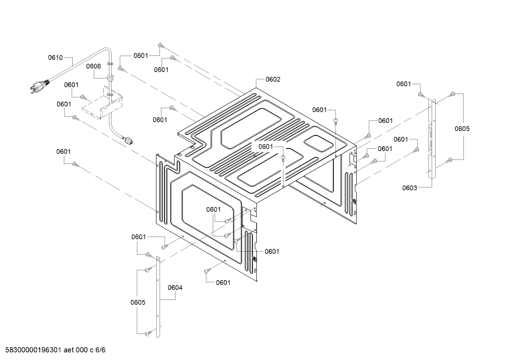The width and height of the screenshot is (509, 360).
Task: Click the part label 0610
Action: pyautogui.click(x=55, y=58)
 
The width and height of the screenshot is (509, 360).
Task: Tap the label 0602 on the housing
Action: pyautogui.click(x=273, y=79)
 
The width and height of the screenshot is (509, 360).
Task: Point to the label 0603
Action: pyautogui.click(x=409, y=188)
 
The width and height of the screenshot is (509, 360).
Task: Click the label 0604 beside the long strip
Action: pyautogui.click(x=175, y=288)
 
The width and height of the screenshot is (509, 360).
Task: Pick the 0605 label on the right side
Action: pyautogui.click(x=462, y=129)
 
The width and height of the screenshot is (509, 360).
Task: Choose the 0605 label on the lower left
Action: pyautogui.click(x=138, y=302)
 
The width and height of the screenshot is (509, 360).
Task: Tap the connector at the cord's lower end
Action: pyautogui.click(x=128, y=140)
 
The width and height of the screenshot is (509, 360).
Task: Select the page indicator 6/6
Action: pyautogui.click(x=101, y=350)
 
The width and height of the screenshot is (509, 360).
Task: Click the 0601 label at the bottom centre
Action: pyautogui.click(x=223, y=282)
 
